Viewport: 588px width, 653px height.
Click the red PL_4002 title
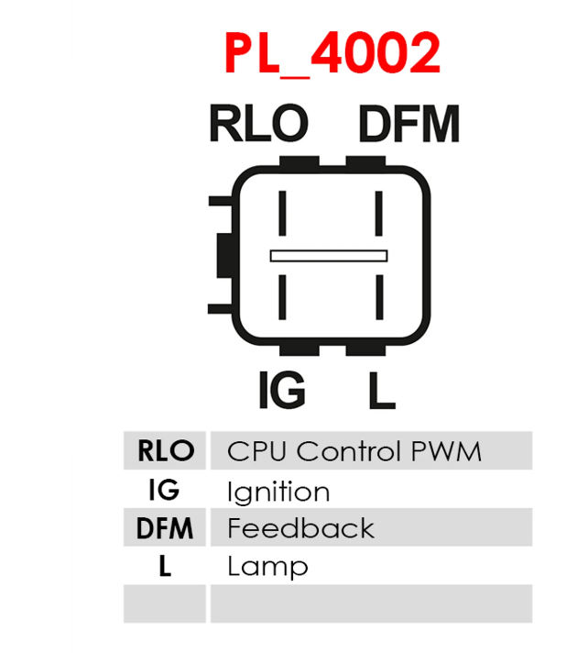click(x=332, y=54)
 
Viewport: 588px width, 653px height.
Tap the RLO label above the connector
click(x=258, y=123)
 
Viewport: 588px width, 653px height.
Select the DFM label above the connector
click(x=409, y=123)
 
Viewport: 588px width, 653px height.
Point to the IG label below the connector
click(x=282, y=390)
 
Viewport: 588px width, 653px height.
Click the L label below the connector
click(x=382, y=390)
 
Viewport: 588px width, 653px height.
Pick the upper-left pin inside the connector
click(x=282, y=213)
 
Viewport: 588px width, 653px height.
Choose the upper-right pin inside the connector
click(x=379, y=213)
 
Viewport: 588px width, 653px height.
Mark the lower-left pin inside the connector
click(x=282, y=297)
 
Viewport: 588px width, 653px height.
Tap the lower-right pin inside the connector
click(x=379, y=297)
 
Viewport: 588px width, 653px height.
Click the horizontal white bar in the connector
click(x=329, y=256)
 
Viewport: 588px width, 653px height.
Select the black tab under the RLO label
click(x=299, y=161)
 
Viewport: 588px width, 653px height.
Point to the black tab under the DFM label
click(x=365, y=161)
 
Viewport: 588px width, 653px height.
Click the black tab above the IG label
click(x=299, y=350)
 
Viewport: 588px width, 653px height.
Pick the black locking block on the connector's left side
click(x=225, y=255)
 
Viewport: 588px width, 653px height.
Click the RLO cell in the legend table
click(x=165, y=450)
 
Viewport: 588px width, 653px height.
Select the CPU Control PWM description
click(x=354, y=451)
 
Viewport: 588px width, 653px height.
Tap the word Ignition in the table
click(x=278, y=493)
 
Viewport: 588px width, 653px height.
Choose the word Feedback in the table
click(x=300, y=528)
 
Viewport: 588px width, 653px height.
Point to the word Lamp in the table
click(x=267, y=567)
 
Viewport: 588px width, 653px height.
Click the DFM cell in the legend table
click(x=165, y=527)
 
